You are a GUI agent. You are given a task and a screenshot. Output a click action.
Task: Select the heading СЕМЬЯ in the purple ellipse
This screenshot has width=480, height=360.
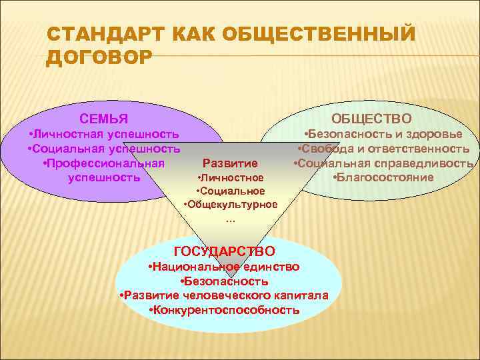(104, 120)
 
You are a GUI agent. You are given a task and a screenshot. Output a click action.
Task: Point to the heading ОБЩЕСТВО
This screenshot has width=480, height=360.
(372, 118)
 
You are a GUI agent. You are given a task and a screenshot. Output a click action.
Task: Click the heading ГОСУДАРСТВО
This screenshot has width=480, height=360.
(224, 251)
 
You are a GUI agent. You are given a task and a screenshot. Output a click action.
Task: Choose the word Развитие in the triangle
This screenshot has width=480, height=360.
(229, 163)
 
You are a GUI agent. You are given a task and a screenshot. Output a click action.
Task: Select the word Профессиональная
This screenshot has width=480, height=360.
(103, 163)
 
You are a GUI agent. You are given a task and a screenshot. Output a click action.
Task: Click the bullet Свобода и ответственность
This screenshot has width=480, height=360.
(383, 148)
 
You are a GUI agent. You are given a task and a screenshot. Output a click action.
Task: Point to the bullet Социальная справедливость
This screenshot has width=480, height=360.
(383, 163)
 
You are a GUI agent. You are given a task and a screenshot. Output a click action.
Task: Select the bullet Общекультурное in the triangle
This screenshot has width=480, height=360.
(231, 204)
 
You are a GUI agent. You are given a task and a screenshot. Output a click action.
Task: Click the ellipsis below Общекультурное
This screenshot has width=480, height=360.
(231, 219)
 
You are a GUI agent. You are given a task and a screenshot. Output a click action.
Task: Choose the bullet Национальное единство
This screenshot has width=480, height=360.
(224, 267)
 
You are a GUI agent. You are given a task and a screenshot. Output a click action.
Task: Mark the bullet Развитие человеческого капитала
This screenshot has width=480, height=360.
(223, 295)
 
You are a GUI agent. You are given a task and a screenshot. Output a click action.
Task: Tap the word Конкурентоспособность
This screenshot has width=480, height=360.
(225, 310)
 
